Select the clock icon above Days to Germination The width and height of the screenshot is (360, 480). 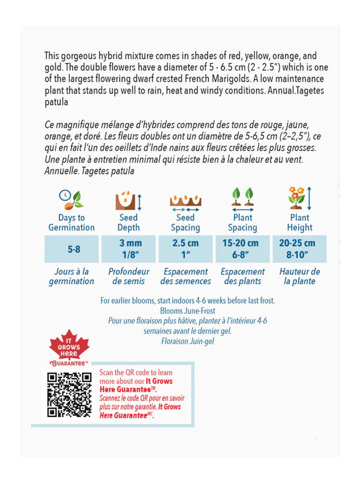point(71,199)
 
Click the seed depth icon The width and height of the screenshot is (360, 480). point(128,199)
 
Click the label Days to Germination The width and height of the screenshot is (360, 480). point(71,223)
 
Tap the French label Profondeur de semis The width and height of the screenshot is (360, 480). point(128,276)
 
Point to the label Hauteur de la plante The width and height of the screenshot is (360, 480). point(299,276)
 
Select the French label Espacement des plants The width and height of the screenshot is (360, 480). point(242,276)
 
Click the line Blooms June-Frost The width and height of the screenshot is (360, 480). point(188,311)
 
